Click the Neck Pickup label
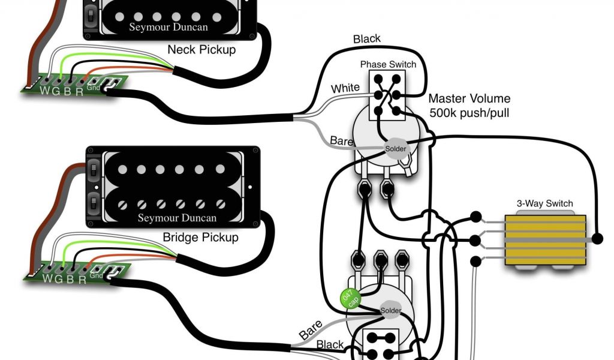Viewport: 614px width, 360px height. coord(201,50)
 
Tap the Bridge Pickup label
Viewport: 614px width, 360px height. coord(200,237)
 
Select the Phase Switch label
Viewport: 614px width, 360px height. coord(387,64)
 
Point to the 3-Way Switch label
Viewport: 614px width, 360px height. coord(544,203)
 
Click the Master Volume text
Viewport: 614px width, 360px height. coord(469,98)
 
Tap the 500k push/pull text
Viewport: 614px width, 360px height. coord(469,112)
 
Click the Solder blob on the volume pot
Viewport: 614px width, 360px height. coord(395,148)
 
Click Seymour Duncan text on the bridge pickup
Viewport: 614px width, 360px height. coord(177,217)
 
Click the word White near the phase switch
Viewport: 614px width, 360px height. coord(345,88)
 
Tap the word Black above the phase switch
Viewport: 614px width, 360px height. coord(366,38)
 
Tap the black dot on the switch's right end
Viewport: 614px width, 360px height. coord(597,239)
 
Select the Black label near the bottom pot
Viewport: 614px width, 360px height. coord(330,344)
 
